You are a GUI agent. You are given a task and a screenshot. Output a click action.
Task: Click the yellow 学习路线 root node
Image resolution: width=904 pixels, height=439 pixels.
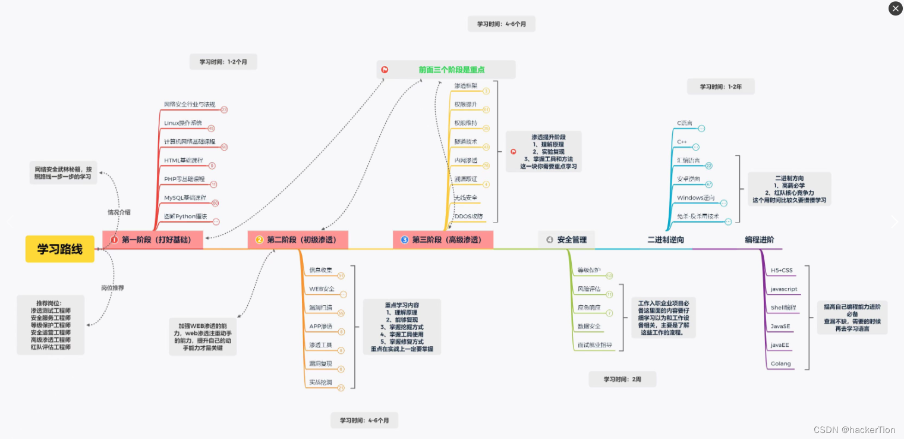pos(59,249)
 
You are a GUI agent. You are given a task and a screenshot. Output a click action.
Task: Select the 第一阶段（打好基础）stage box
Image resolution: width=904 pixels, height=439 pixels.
pos(153,240)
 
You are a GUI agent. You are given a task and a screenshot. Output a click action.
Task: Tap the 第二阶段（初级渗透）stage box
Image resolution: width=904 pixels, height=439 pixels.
pos(298,240)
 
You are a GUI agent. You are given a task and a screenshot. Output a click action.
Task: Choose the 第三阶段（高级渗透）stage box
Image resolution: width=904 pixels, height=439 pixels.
pos(443,240)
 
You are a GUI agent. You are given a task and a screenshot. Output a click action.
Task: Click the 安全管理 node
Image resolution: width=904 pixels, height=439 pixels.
pos(566,239)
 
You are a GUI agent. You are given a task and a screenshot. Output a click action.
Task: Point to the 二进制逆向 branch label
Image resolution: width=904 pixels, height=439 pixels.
pos(666,240)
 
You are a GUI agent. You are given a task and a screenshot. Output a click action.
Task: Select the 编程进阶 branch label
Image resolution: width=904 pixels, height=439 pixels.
pos(759,240)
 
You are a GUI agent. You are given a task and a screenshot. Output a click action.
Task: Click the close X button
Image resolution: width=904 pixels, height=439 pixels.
pos(896,8)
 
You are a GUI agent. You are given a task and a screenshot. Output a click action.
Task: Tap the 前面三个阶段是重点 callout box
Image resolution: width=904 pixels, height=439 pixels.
pos(446,70)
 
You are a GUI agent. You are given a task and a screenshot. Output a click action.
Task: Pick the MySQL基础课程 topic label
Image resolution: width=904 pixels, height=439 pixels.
pos(185,197)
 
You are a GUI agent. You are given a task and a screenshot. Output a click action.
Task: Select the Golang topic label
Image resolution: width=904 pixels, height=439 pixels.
pos(780,363)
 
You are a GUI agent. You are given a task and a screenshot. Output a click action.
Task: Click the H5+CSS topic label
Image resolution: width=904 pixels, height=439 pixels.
pos(782,270)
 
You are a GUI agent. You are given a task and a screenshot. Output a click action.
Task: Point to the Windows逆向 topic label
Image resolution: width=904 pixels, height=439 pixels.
pos(695,198)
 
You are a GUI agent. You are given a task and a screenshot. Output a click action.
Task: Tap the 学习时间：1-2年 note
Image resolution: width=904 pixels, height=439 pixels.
pos(720,86)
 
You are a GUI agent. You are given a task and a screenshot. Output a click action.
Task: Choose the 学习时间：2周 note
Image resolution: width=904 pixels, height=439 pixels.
pos(622,379)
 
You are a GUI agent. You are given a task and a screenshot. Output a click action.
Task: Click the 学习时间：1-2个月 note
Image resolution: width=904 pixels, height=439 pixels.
pos(223,62)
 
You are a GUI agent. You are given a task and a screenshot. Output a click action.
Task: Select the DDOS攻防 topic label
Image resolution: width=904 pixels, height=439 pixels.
pos(468,216)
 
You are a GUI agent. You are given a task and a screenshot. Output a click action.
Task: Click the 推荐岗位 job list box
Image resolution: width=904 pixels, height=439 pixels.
pos(51,325)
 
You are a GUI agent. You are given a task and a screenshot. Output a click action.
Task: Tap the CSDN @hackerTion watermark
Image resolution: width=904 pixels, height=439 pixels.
pos(854,430)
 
